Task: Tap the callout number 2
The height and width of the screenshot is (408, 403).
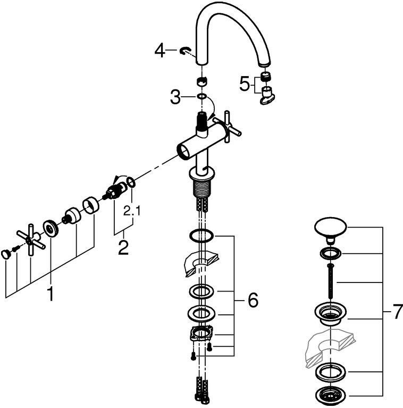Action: point(123,247)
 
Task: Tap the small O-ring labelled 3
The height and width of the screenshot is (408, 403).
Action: point(201,97)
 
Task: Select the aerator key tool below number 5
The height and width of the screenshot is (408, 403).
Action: point(266,97)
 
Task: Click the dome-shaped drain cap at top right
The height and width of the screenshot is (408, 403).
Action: point(330,227)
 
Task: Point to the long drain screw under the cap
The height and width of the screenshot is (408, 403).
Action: point(330,282)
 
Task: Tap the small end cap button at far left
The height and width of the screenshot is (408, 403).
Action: point(6,253)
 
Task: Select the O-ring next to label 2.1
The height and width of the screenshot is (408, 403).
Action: point(132,183)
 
